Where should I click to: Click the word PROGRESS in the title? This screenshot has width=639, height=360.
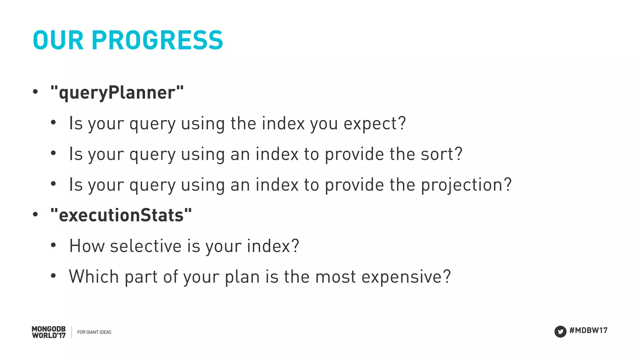[157, 40]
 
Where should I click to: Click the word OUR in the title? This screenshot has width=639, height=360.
[58, 40]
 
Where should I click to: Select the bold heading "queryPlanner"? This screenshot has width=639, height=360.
[117, 93]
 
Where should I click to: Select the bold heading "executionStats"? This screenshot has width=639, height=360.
[121, 215]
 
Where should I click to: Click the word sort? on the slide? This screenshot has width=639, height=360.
[441, 154]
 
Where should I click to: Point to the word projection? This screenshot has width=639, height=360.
[466, 185]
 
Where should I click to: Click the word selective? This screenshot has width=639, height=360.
[146, 246]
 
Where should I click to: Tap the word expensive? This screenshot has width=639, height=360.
[406, 277]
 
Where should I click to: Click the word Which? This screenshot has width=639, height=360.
[94, 277]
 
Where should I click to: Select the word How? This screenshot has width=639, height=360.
[87, 246]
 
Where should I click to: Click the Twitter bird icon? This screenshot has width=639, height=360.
[560, 332]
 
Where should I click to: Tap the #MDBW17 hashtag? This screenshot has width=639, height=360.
[588, 330]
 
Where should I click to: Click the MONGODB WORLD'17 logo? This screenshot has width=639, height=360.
[49, 332]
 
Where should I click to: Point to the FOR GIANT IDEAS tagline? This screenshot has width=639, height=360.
[94, 332]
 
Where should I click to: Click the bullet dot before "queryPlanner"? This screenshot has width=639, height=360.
[35, 92]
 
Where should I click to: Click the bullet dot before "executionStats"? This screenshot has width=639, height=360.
[35, 215]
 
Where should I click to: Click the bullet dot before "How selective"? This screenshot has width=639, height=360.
[53, 245]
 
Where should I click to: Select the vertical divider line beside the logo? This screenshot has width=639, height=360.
[72, 332]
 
